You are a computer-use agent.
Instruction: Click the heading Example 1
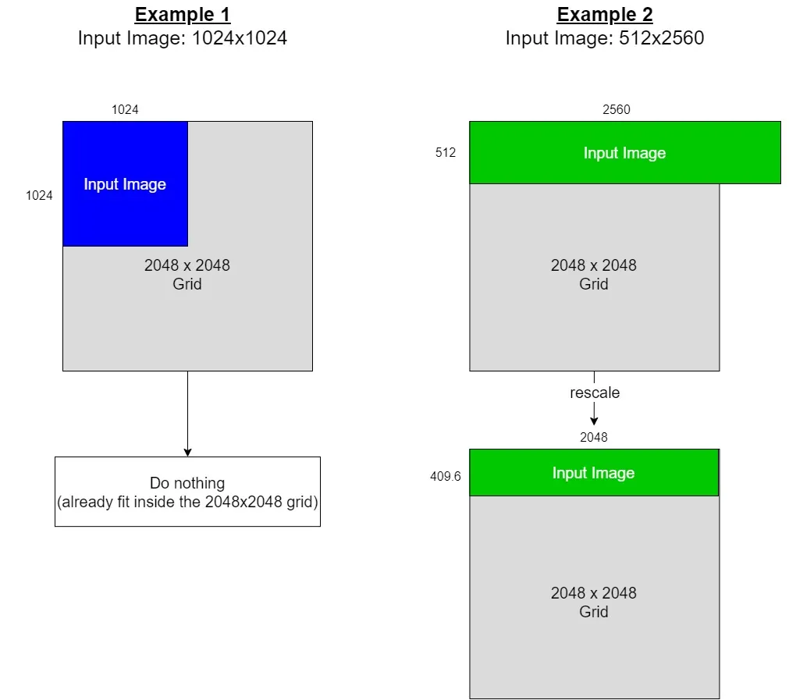pos(183,14)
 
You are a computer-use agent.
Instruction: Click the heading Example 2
pos(605,14)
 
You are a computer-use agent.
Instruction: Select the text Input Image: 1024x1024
pos(183,37)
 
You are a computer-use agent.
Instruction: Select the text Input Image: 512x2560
pos(605,37)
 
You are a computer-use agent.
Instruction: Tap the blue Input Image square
pos(125,183)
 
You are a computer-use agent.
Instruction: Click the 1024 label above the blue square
pos(125,110)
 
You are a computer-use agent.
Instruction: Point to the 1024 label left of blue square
pos(39,195)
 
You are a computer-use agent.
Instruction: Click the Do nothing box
pos(187,492)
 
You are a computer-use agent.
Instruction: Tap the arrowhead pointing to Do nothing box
pos(187,452)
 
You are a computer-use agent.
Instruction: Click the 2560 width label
pos(616,110)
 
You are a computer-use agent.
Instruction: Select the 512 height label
pos(446,153)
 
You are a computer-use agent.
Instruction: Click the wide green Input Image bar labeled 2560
pos(624,153)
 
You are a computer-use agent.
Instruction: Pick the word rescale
pos(595,393)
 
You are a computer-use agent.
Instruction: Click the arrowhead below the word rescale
pos(594,420)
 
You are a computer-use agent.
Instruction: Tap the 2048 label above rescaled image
pos(593,437)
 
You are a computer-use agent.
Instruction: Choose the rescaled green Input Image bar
pos(593,473)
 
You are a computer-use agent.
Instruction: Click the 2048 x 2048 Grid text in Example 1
pos(187,275)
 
